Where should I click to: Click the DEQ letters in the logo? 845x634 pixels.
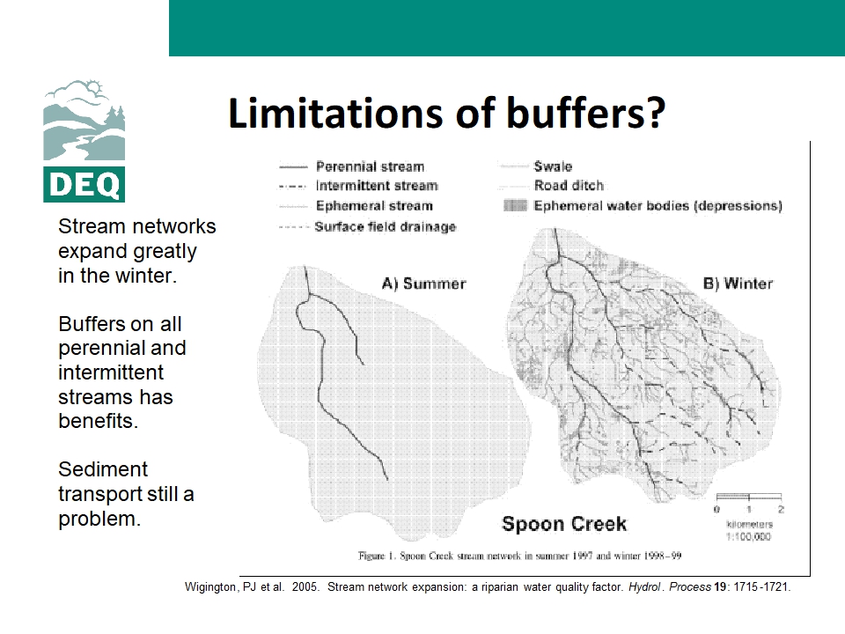[84, 185]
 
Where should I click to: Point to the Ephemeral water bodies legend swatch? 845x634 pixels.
[515, 205]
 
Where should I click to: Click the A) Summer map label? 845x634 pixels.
[423, 284]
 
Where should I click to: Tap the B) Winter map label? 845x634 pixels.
[738, 284]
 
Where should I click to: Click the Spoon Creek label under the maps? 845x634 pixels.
[564, 524]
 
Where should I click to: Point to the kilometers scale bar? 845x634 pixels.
[748, 496]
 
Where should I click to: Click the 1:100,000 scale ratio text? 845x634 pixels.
[748, 537]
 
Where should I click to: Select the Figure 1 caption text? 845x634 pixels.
[520, 556]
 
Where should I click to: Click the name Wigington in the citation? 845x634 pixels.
[210, 587]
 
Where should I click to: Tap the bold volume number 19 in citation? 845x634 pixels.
[720, 587]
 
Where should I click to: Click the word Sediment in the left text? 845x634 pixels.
[103, 469]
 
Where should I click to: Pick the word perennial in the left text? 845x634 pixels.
[122, 349]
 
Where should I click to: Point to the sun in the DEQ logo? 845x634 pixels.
[94, 87]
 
